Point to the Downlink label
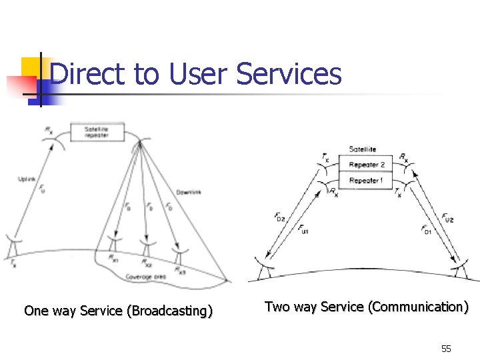(x=188, y=192)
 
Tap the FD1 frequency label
(x=427, y=230)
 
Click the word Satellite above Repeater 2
(x=363, y=149)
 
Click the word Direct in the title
(x=87, y=74)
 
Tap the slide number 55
(x=446, y=349)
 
